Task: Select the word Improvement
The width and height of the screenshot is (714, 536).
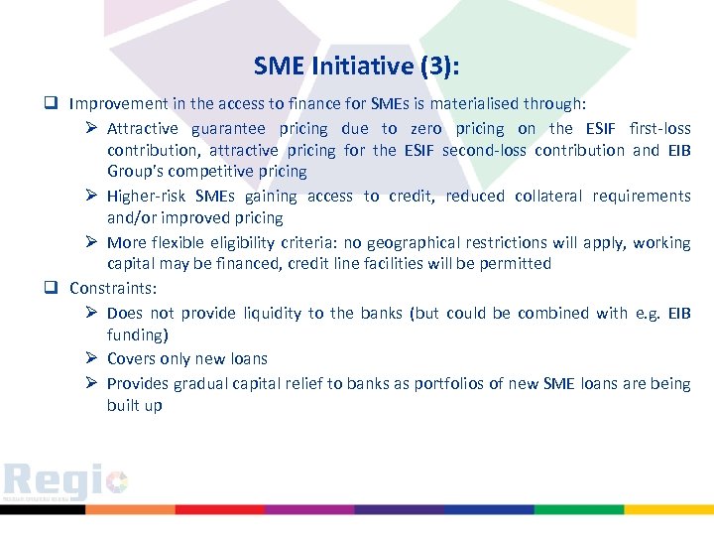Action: pos(120,103)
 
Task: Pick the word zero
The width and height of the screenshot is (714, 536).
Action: pos(426,128)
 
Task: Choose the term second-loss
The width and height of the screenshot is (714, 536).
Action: pos(483,150)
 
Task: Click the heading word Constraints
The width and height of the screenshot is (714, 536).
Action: pos(109,288)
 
